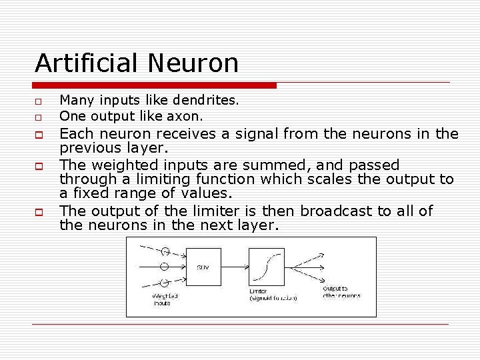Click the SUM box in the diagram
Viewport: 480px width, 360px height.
pyautogui.click(x=203, y=267)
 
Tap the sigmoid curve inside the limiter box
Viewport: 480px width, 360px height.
pyautogui.click(x=266, y=267)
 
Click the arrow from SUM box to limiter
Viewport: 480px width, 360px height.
pyautogui.click(x=235, y=267)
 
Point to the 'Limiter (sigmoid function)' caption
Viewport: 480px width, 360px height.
pyautogui.click(x=272, y=295)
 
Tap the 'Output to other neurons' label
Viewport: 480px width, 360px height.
pyautogui.click(x=341, y=292)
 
